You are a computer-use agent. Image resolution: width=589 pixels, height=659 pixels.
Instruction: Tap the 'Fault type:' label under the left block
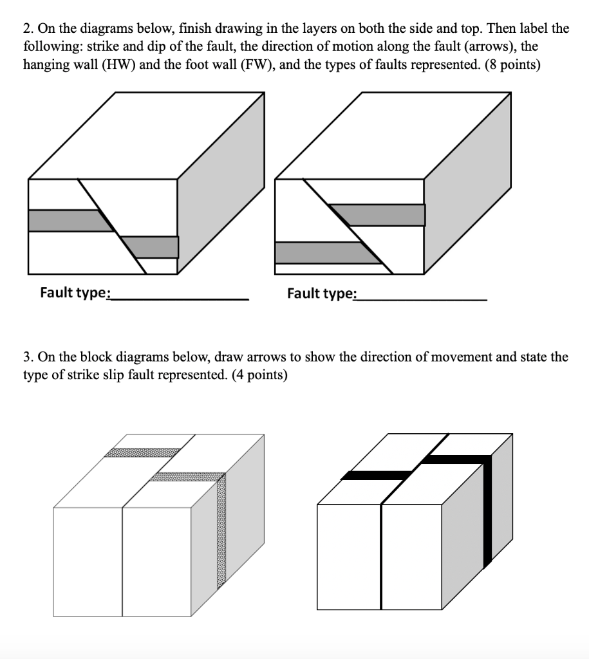click(x=75, y=293)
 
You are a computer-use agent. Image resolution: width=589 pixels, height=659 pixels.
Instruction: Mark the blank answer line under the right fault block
click(x=422, y=299)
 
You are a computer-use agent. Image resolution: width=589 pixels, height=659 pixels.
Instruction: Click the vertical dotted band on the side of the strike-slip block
click(x=221, y=531)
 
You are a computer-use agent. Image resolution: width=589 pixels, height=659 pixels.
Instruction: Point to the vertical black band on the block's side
click(x=487, y=512)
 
